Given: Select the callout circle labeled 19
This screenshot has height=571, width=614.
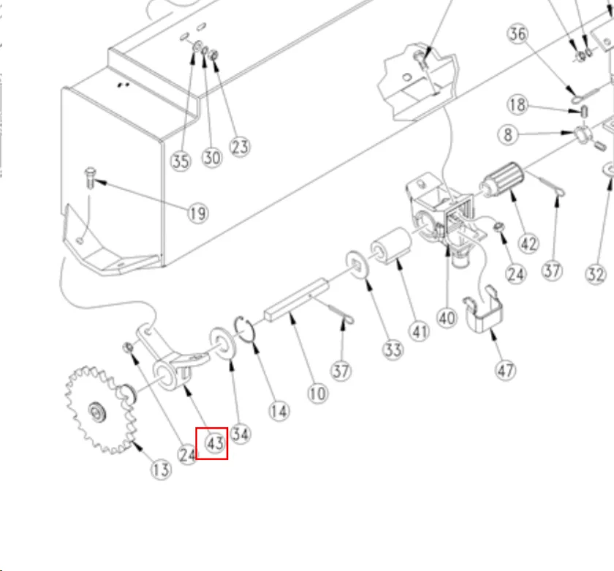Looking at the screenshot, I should pos(197,213).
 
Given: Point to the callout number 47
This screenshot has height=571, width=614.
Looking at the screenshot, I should pos(506,369).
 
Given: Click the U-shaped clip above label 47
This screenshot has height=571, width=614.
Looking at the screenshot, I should pos(483,313).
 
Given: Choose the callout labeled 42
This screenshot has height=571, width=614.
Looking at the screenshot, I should pos(528,243).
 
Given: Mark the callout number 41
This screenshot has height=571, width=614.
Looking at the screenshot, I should pos(418,332).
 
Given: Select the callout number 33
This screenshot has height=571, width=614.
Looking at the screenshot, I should pos(393,350).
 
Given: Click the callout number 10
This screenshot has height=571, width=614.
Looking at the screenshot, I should pos(317,394).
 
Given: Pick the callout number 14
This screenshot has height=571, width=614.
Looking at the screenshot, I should pos(278,411).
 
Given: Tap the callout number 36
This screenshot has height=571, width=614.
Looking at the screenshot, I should pos(518,34).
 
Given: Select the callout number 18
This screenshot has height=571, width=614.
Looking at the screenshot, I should pos(518,104).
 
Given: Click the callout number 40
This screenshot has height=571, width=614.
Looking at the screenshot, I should pos(447,318).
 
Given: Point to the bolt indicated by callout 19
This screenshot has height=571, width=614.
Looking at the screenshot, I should pos(90,176).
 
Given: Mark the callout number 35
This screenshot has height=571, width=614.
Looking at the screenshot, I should pos(181,161).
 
